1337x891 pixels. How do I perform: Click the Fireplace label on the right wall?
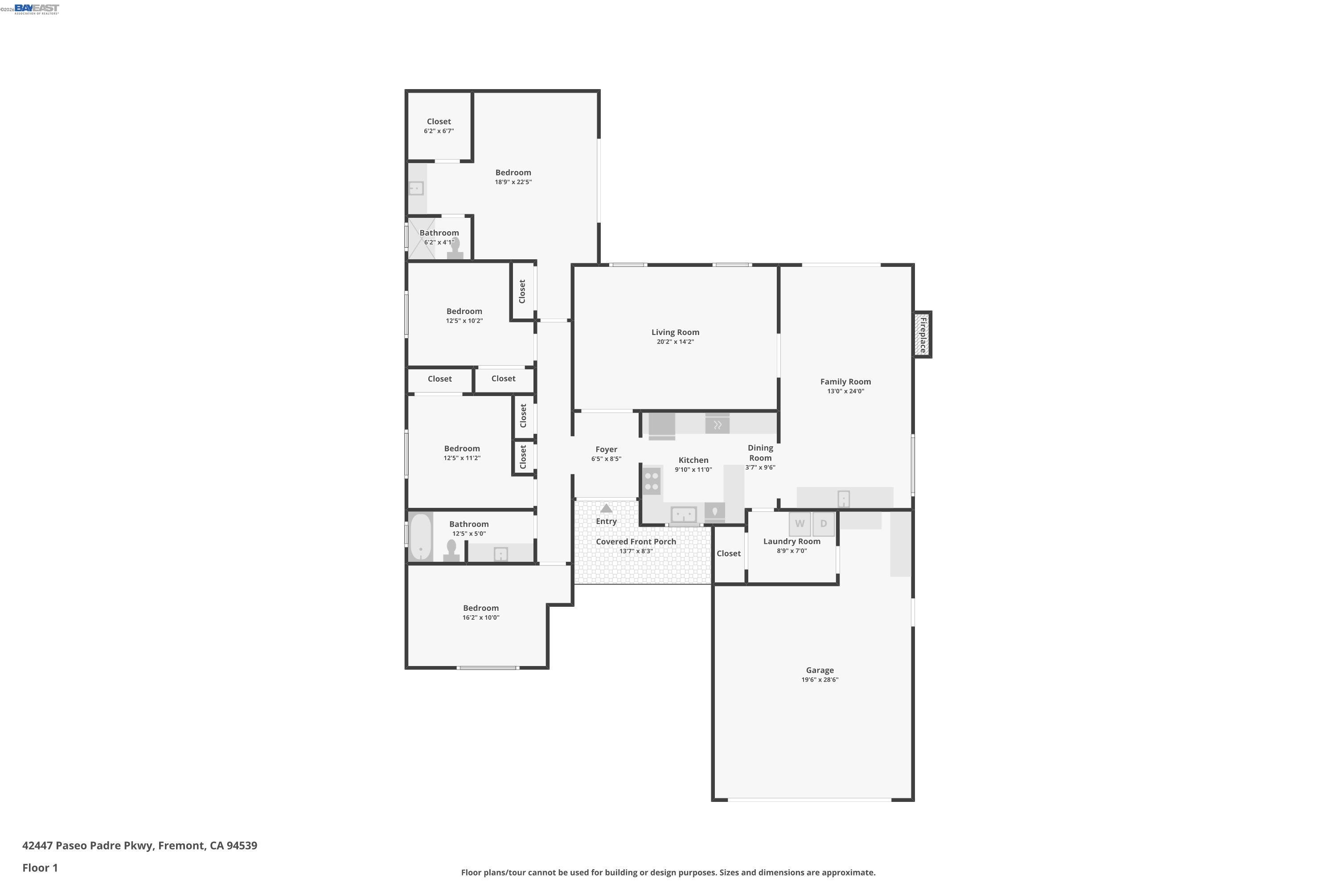(x=923, y=335)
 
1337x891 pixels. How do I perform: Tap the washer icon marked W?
(x=799, y=524)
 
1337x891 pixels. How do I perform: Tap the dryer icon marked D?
(x=823, y=524)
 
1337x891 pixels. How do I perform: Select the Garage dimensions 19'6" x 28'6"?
(x=820, y=680)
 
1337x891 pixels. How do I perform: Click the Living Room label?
(x=675, y=332)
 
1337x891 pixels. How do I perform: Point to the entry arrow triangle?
(x=607, y=509)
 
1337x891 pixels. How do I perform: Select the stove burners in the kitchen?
(x=652, y=481)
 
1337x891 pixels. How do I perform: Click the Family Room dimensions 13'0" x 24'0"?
(x=845, y=392)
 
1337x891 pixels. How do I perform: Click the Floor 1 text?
(x=40, y=868)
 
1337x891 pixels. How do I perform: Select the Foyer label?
(x=606, y=450)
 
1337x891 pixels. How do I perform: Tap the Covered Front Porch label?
(x=636, y=542)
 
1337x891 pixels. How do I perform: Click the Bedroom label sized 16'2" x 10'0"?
(x=480, y=608)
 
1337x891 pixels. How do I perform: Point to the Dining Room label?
(x=760, y=453)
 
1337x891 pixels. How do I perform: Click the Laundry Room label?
(x=792, y=542)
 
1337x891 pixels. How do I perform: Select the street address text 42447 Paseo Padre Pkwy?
(x=88, y=846)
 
